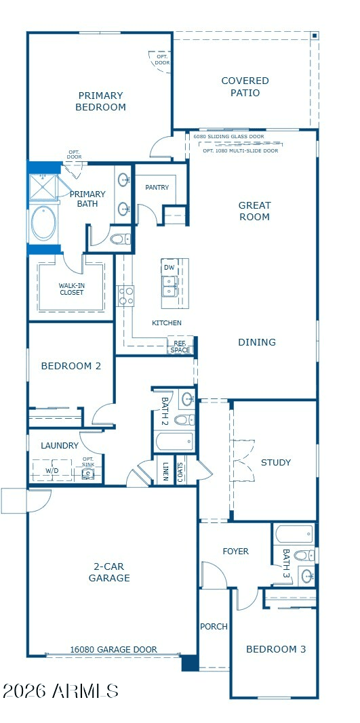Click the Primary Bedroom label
(101, 102)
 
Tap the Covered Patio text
(245, 87)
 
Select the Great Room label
(254, 211)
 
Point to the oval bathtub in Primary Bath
(44, 223)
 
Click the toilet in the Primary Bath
(121, 239)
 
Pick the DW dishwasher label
(169, 268)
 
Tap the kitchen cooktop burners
(125, 295)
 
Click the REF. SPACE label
(180, 346)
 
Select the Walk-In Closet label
(72, 289)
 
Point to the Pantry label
(157, 187)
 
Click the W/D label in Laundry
(52, 471)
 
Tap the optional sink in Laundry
(87, 474)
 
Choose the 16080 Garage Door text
(113, 650)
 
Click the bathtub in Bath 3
(294, 535)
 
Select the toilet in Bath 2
(184, 419)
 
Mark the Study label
(276, 463)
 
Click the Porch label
(214, 627)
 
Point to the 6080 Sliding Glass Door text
(229, 136)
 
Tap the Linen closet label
(165, 471)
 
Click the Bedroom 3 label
(276, 649)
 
